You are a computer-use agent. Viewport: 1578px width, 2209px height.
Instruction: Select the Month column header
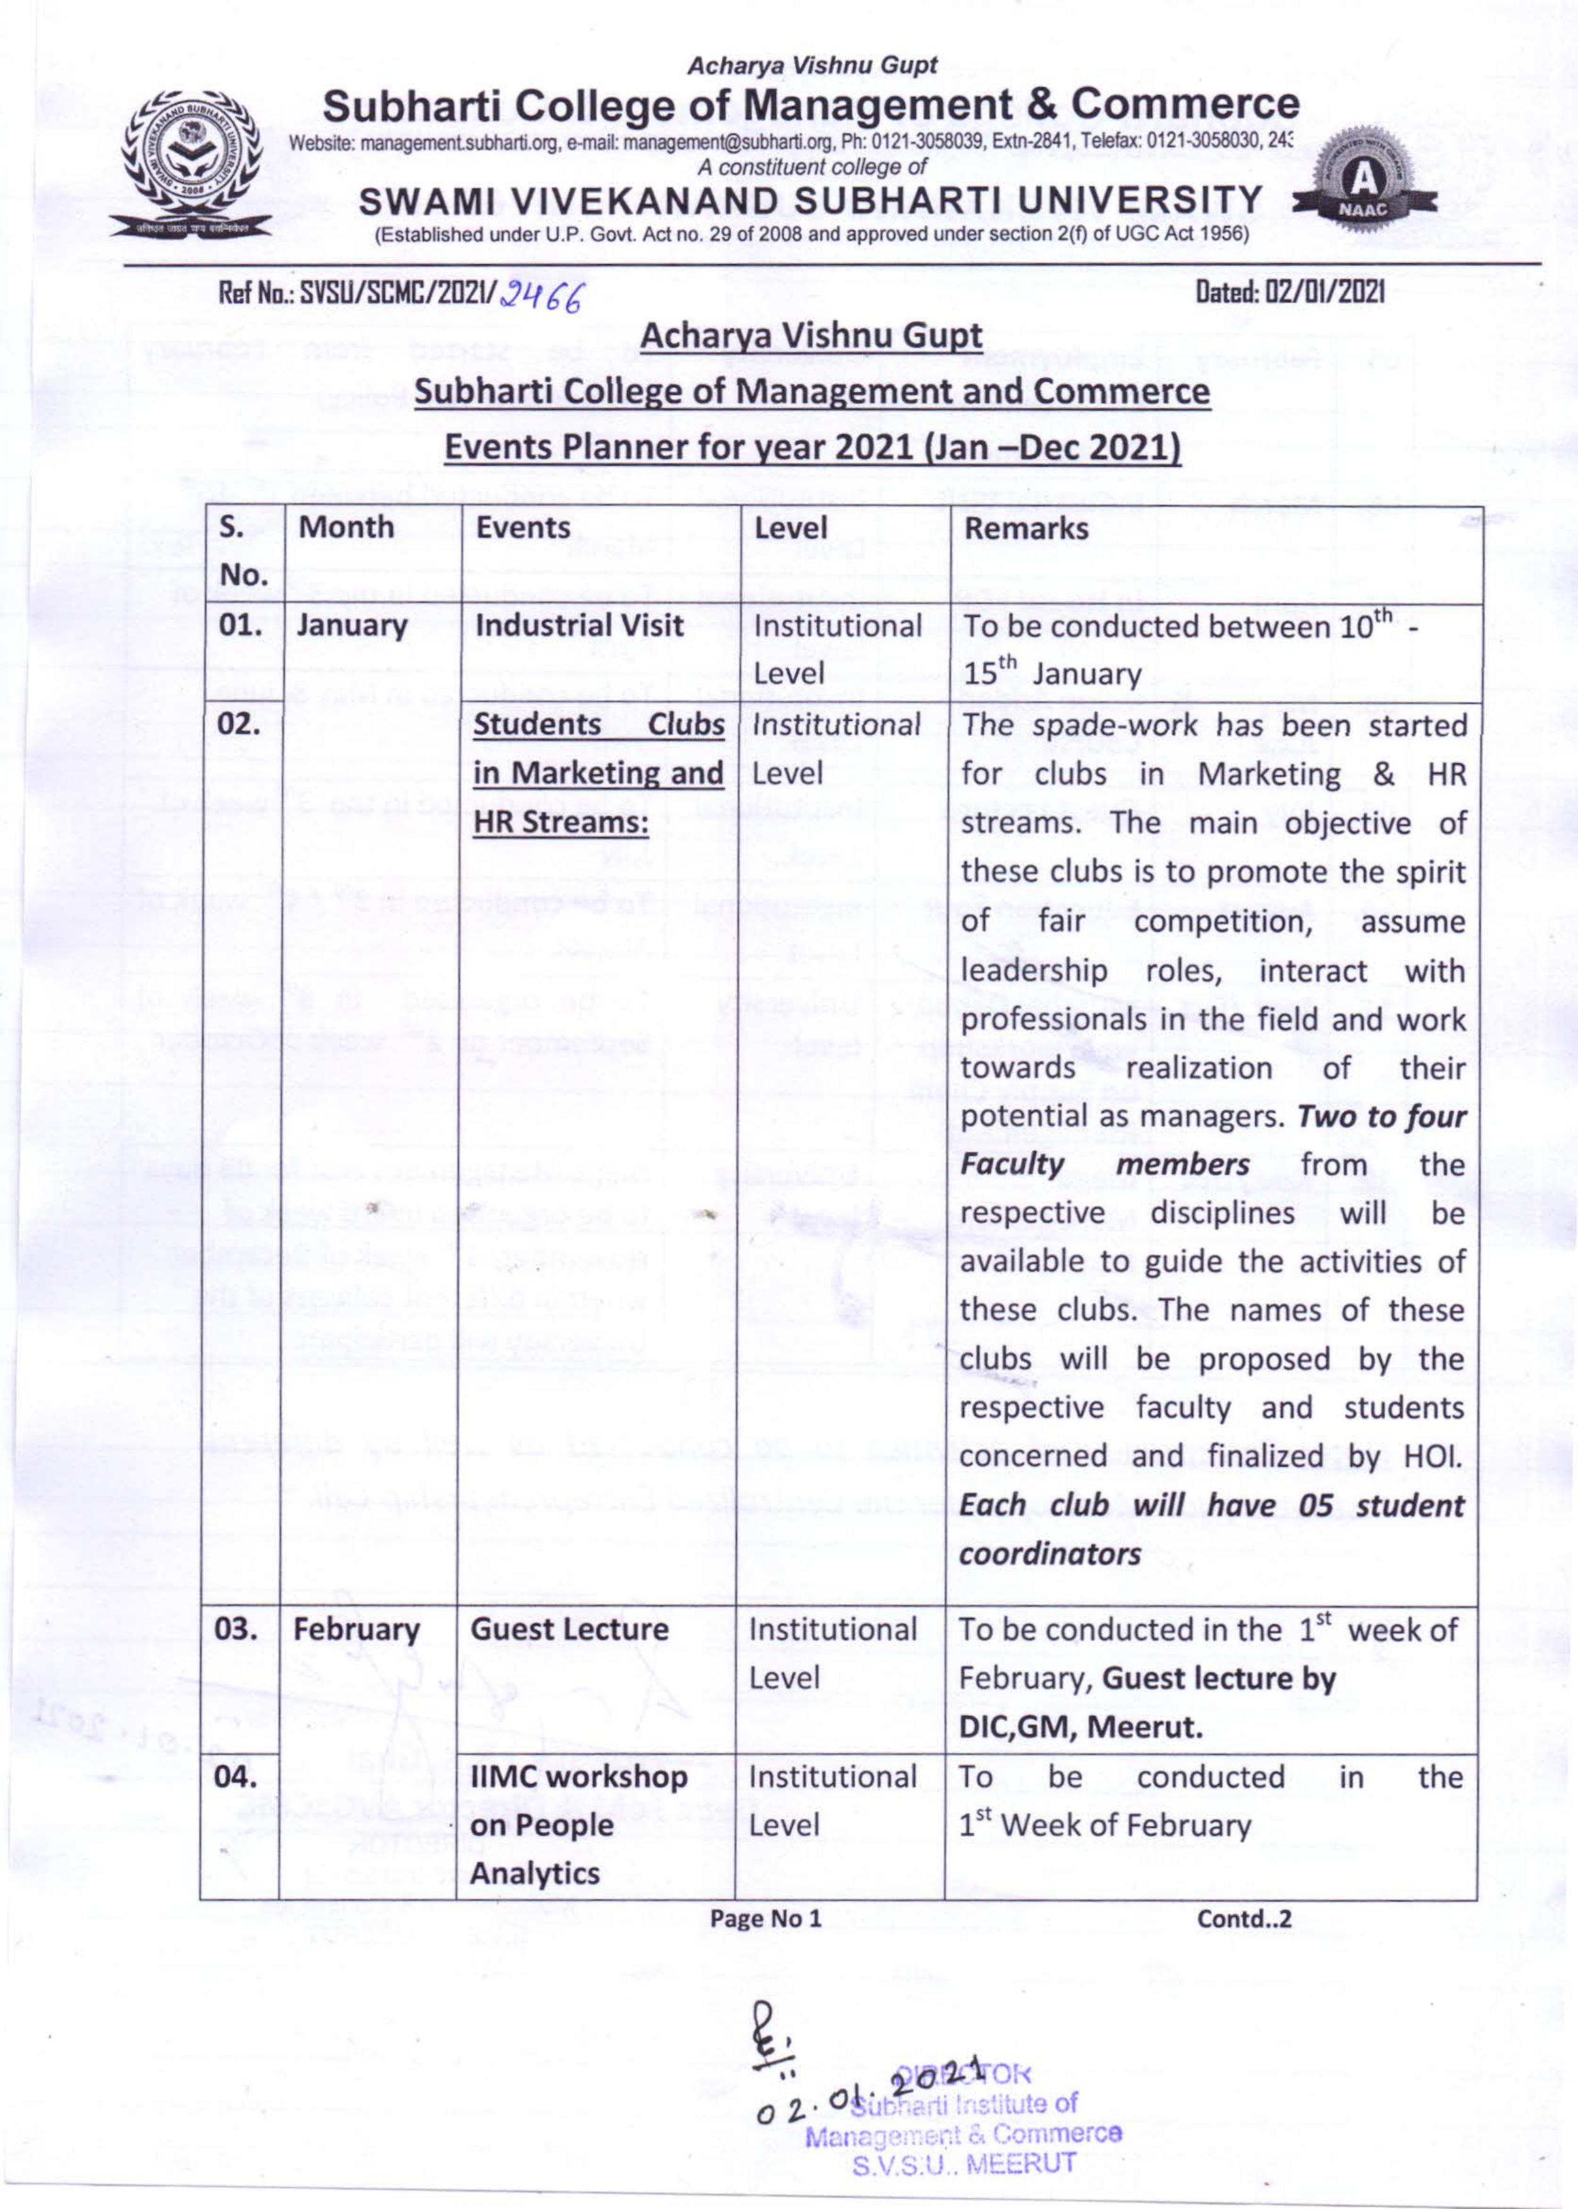[x=346, y=528]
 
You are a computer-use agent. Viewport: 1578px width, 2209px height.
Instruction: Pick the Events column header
[x=523, y=528]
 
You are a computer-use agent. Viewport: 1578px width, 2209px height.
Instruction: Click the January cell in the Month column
[x=352, y=626]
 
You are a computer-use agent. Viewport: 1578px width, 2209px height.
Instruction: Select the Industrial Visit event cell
[x=579, y=626]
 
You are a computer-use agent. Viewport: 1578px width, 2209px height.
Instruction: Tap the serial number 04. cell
[x=236, y=1777]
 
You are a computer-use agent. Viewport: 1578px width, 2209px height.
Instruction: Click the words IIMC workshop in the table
[x=579, y=1777]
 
